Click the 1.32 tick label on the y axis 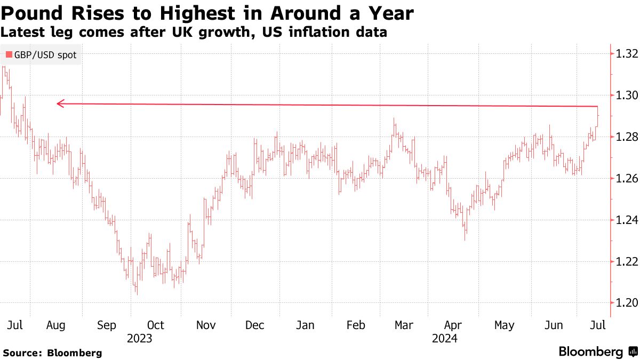627,54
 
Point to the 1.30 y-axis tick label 627,95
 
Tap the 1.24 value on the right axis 627,220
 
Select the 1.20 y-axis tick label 627,303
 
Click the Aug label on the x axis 55,325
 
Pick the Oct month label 155,325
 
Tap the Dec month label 255,325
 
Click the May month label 504,325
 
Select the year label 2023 139,338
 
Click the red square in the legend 9,54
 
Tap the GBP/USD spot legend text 45,54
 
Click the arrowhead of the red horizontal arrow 60,103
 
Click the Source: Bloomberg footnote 52,353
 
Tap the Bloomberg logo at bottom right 597,351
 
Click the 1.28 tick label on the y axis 627,137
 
